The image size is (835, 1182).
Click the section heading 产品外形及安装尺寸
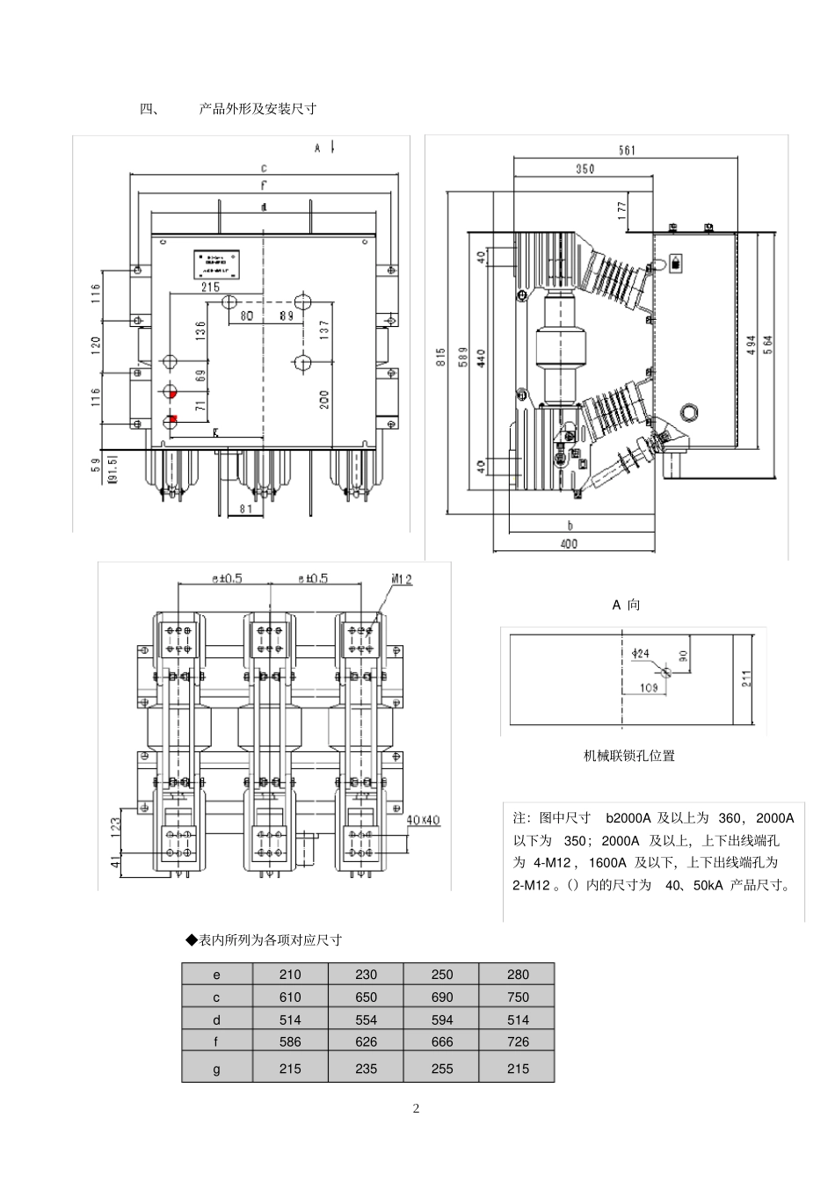click(258, 109)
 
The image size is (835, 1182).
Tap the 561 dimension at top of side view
click(627, 150)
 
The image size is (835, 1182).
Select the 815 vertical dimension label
click(439, 357)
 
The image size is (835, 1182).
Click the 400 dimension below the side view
click(569, 544)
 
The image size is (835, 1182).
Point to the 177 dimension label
click(621, 210)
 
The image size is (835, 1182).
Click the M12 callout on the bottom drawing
click(402, 579)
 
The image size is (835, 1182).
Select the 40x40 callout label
click(423, 820)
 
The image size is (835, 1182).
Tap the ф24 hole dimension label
click(641, 653)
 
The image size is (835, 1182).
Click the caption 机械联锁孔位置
click(629, 756)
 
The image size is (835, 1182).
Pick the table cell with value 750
click(518, 997)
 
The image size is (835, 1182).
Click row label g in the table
click(217, 1069)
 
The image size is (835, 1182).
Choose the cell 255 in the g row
click(442, 1069)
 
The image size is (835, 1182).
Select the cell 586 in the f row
click(290, 1042)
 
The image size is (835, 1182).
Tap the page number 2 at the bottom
click(417, 1108)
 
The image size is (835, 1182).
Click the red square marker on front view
click(173, 418)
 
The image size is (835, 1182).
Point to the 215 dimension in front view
click(211, 286)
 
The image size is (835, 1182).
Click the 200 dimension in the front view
click(323, 400)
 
